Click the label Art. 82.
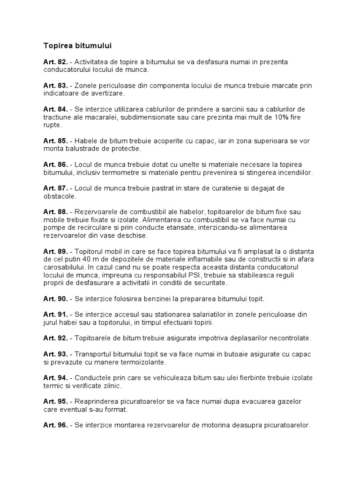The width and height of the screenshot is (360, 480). click(x=56, y=62)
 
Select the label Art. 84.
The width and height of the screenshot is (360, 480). click(x=56, y=109)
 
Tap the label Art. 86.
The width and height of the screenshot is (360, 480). click(x=56, y=165)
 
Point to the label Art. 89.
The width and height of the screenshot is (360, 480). click(x=56, y=252)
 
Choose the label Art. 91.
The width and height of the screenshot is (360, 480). click(x=56, y=315)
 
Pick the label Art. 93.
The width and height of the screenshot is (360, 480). click(x=56, y=354)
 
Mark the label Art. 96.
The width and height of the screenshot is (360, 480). click(x=56, y=425)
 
